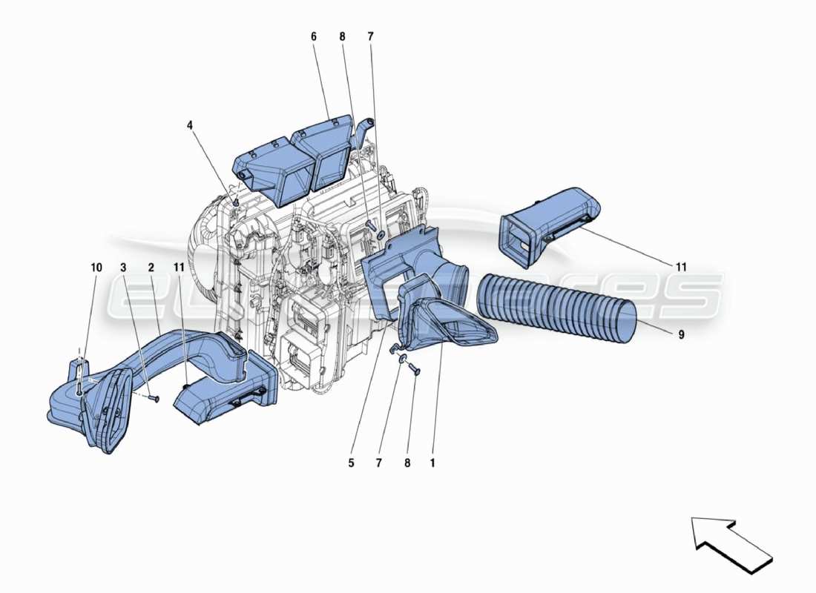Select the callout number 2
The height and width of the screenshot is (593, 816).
[150, 267]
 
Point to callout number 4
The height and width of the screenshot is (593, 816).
[190, 126]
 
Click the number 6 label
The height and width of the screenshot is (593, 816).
[313, 36]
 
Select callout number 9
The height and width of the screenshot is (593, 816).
[680, 334]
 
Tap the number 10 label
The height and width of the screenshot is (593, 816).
[96, 267]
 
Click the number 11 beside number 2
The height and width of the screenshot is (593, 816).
[179, 267]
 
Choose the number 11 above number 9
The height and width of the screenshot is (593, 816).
[681, 266]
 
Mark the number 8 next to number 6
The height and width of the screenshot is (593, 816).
[342, 36]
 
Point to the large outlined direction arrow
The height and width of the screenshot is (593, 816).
[731, 543]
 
